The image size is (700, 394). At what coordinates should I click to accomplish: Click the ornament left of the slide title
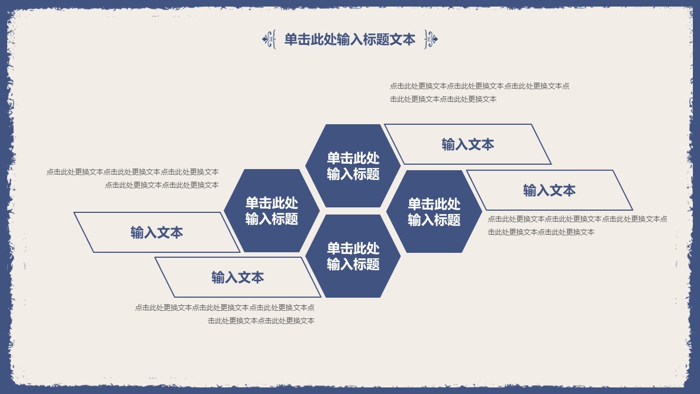[x=269, y=39]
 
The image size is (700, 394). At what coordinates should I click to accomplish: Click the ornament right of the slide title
[x=431, y=39]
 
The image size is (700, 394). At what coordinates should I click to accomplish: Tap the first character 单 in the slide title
[x=291, y=39]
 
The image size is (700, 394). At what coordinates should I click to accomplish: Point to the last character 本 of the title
[x=409, y=39]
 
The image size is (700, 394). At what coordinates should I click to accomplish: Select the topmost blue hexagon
[x=353, y=166]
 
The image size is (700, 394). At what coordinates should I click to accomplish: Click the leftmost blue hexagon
[x=272, y=211]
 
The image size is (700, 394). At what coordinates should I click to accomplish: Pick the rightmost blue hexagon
[x=434, y=211]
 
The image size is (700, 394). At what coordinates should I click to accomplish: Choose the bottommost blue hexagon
[x=353, y=256]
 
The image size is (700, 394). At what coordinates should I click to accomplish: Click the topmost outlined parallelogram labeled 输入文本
[x=468, y=144]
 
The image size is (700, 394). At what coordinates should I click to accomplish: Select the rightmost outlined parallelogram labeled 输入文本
[x=549, y=190]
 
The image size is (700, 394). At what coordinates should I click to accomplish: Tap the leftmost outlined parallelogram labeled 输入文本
[x=157, y=233]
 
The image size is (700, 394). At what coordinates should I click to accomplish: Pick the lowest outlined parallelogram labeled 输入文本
[x=238, y=277]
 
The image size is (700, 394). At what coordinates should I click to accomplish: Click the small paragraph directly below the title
[x=479, y=92]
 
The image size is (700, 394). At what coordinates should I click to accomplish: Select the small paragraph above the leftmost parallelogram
[x=133, y=178]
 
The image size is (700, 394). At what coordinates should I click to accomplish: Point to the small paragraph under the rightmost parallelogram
[x=577, y=225]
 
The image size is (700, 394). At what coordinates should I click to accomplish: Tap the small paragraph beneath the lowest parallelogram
[x=225, y=314]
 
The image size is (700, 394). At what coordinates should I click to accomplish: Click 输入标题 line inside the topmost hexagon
[x=353, y=175]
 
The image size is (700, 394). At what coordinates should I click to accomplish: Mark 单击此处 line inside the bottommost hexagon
[x=353, y=248]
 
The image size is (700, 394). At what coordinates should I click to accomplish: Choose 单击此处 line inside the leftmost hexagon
[x=272, y=203]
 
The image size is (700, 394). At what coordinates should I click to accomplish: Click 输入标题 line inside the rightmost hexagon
[x=434, y=220]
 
